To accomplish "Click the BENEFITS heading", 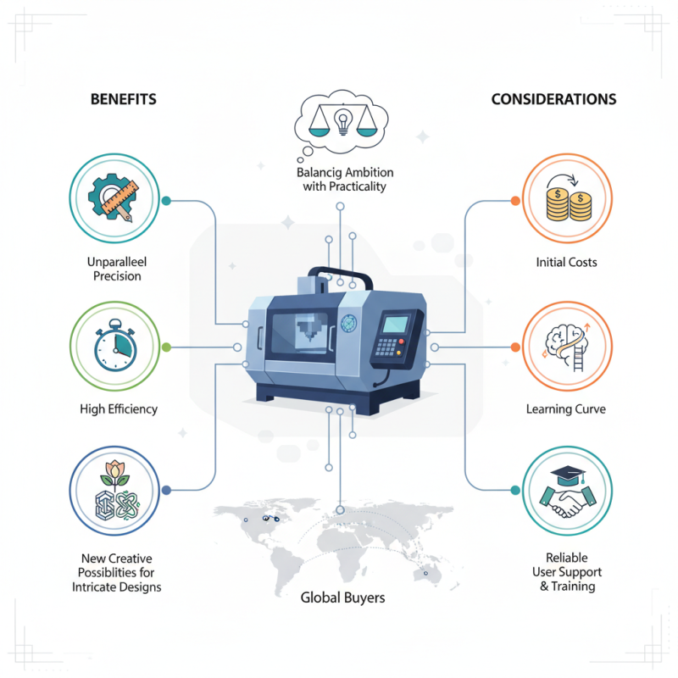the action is (123, 99).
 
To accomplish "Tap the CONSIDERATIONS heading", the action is (553, 99).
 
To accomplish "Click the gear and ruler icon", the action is (114, 197).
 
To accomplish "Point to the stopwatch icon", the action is (115, 345).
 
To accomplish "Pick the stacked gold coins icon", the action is (568, 200).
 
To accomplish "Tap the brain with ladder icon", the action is (567, 347).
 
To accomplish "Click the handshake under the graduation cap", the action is (567, 502).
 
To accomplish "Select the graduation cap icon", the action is (568, 475).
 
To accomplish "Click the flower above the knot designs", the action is (114, 475).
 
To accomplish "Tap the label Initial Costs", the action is (566, 263).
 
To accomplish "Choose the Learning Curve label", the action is (565, 409).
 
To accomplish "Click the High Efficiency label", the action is (119, 409).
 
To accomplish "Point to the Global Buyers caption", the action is (342, 597).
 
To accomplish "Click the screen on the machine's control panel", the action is (395, 325).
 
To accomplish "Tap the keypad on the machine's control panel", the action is (386, 347).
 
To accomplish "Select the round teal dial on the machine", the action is (348, 324).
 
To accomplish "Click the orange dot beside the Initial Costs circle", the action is (515, 201).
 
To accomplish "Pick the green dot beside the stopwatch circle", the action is (166, 347).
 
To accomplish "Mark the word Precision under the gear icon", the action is (117, 276).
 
